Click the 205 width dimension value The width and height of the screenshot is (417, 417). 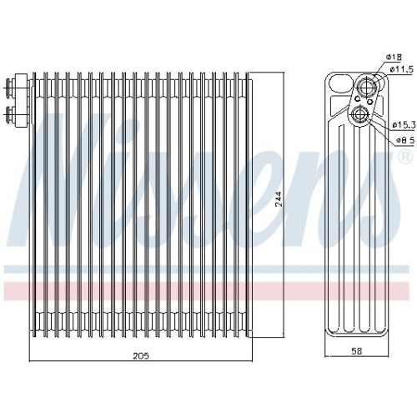click(x=139, y=356)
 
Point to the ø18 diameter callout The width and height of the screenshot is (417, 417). click(x=394, y=57)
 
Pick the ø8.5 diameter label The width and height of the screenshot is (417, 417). click(x=398, y=141)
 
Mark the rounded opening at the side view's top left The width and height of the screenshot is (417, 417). click(x=338, y=83)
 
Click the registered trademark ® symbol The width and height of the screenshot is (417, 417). click(x=404, y=157)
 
